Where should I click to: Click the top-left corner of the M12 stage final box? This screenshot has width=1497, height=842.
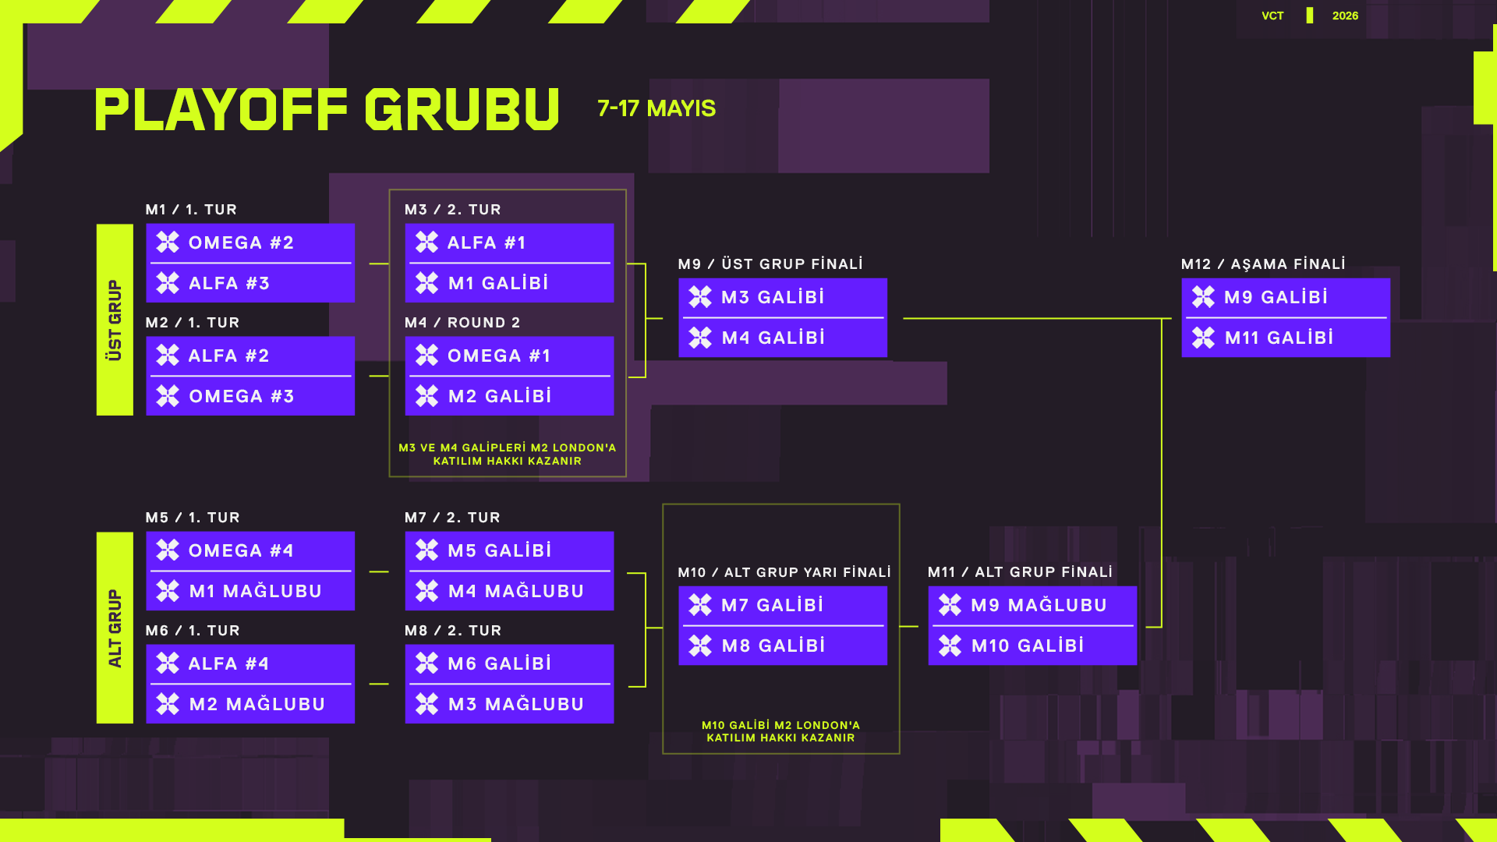point(1182,278)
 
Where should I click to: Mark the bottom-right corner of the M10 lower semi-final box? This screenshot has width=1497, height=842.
point(887,665)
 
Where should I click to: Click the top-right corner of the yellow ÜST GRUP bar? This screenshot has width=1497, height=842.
point(133,225)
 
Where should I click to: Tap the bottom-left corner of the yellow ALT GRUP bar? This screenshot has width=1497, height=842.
point(97,723)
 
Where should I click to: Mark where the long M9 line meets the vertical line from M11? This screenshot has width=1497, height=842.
point(1162,318)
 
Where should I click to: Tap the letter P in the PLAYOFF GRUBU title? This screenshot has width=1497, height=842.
point(111,109)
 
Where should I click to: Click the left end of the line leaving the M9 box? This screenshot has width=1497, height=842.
point(904,318)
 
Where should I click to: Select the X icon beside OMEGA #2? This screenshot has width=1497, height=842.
point(168,242)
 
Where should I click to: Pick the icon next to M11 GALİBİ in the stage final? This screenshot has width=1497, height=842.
point(1203,338)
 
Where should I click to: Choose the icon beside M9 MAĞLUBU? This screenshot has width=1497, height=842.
point(950,605)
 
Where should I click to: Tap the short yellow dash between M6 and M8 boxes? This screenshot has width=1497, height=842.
point(379,684)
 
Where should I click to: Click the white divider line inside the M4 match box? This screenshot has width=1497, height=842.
point(510,376)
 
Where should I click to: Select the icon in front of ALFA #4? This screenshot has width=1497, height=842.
point(168,663)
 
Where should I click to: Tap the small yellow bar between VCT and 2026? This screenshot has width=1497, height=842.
point(1310,16)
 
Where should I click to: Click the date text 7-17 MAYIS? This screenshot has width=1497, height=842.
point(656,108)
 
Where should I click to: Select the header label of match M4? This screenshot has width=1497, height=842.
point(462,323)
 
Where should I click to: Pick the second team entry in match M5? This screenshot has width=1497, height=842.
point(250,591)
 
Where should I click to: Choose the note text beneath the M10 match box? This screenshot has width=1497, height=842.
point(780,731)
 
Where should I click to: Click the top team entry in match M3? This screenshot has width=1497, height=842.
point(509,242)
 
